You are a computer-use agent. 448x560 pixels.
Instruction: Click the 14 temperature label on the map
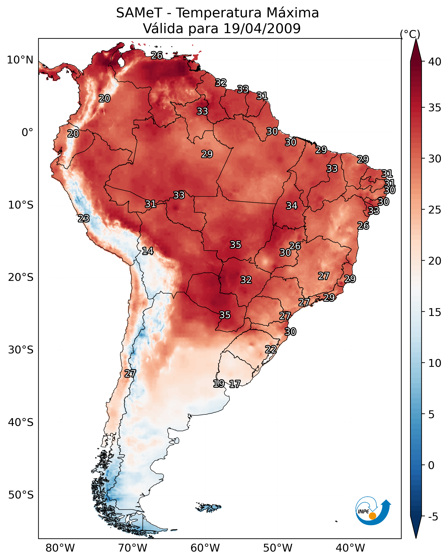[x=148, y=251]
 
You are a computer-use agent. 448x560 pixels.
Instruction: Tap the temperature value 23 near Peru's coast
[x=84, y=218]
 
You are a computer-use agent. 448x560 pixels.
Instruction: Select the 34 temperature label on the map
[x=292, y=206]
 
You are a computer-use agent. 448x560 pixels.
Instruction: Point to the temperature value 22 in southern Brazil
[x=271, y=349]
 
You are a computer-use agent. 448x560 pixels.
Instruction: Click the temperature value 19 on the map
[x=219, y=384]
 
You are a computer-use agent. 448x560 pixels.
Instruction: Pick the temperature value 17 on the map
[x=235, y=384]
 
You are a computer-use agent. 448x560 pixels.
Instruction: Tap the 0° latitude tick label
[x=27, y=133]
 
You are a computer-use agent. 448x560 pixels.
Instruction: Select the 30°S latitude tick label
[x=21, y=350]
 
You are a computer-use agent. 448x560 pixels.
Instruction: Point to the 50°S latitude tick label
[x=21, y=495]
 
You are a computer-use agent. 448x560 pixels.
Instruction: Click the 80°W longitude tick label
[x=60, y=548]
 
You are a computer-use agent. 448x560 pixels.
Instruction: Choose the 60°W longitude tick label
[x=205, y=548]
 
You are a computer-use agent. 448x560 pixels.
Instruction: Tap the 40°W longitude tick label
[x=350, y=548]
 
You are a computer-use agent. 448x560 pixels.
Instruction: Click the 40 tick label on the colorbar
[x=435, y=62]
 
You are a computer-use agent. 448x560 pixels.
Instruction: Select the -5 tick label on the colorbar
[x=433, y=517]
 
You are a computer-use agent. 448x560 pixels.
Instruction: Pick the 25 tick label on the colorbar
[x=435, y=210]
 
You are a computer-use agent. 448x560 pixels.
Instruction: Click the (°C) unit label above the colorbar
[x=410, y=34]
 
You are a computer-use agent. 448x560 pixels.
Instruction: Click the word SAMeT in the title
[x=139, y=13]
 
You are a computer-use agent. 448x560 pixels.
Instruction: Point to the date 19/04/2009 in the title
[x=262, y=29]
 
